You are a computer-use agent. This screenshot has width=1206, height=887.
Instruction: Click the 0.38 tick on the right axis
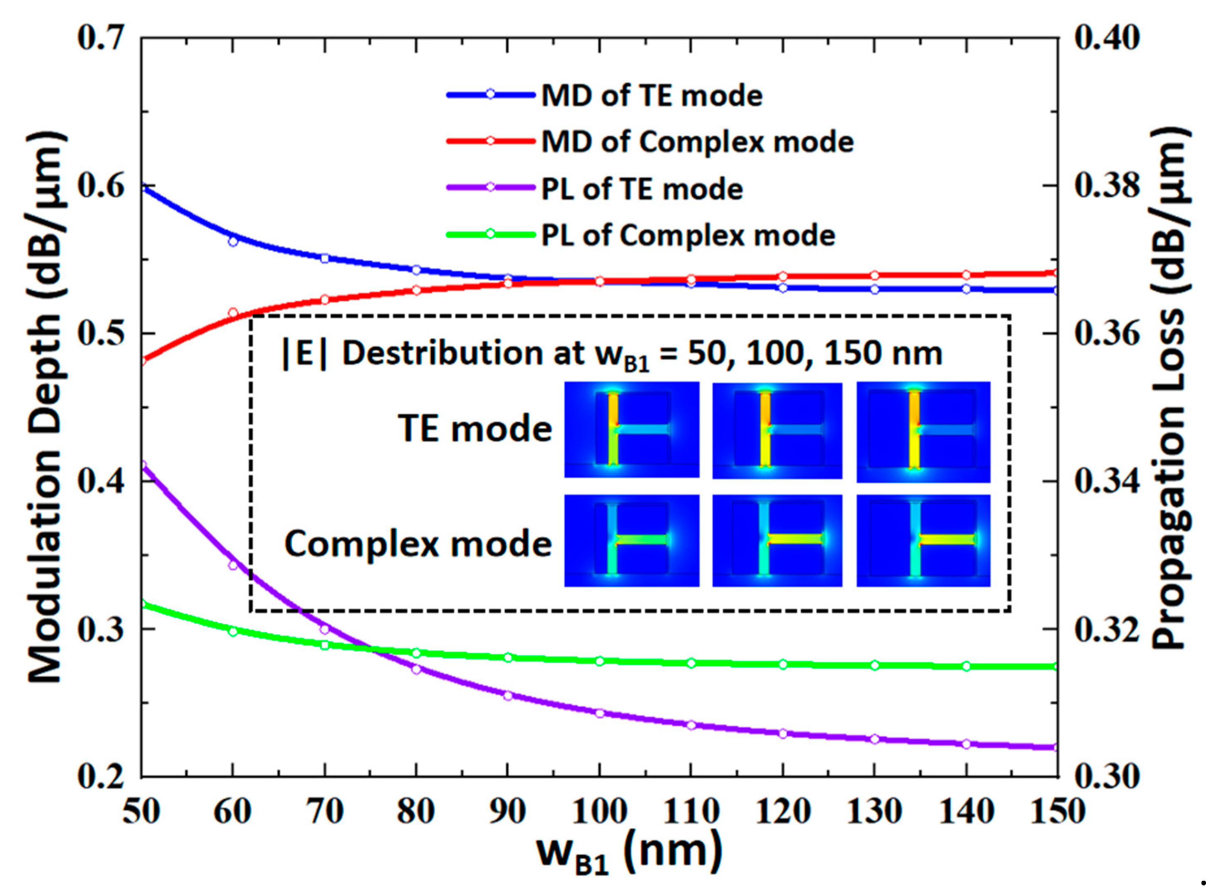[x=1106, y=186]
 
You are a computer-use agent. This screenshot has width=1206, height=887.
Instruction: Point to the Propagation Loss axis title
[x=1171, y=389]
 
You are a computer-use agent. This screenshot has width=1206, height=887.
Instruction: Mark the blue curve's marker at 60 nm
[x=233, y=242]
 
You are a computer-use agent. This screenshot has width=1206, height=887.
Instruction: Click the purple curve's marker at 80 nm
[x=416, y=669]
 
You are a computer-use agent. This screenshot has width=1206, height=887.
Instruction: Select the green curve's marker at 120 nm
[x=783, y=664]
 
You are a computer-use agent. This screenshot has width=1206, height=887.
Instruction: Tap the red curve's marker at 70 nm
[x=324, y=299]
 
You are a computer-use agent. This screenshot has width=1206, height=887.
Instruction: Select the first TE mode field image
[x=631, y=430]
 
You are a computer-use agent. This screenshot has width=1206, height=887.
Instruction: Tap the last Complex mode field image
[x=923, y=541]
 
